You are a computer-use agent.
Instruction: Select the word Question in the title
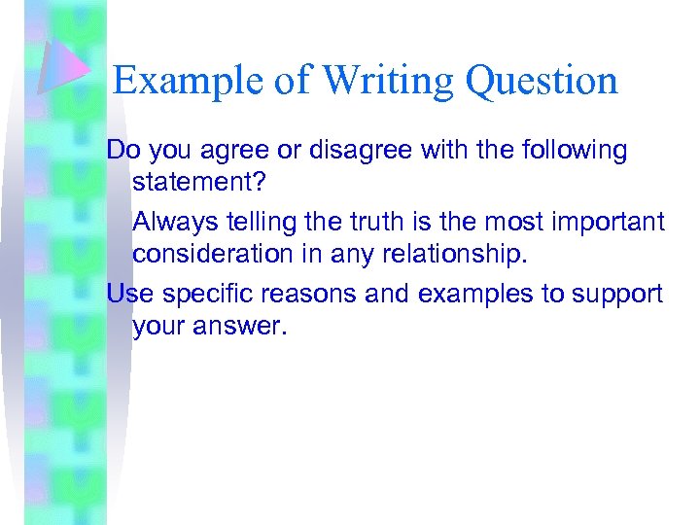click(x=542, y=80)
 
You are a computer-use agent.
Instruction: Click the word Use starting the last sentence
click(x=126, y=293)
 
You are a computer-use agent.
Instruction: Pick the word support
click(x=617, y=293)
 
